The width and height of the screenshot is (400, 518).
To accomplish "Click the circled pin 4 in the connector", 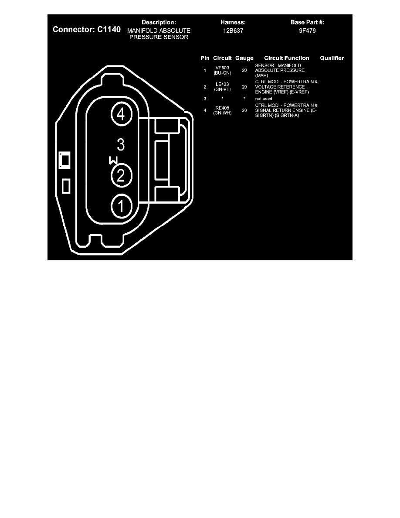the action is coord(121,114).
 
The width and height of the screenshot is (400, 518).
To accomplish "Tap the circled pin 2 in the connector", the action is coord(121,175).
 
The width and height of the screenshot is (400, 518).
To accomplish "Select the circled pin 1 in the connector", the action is coord(121,206).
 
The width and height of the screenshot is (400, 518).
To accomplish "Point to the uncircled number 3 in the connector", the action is coord(121,145).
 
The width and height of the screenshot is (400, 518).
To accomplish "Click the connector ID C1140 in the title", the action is coord(109,29).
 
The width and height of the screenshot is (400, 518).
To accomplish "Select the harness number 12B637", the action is coord(233,31).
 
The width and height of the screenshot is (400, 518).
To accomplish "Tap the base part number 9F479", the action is coord(307,31).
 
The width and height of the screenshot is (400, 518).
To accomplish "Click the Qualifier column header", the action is coord(332,58).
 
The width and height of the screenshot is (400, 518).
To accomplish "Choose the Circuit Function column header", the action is coord(286,58).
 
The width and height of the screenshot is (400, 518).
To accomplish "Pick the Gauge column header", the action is coord(244,58).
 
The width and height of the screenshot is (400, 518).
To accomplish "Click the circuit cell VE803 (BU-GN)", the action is coord(222,70).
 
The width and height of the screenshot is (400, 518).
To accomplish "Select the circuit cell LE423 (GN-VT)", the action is coord(222,87).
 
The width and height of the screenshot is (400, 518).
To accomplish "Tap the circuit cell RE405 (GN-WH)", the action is coord(222,110).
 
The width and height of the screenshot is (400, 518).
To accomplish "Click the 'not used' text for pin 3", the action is coord(263,99).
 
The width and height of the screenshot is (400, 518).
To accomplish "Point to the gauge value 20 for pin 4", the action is coord(244,110).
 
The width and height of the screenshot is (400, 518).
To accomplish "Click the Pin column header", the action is coord(205,58).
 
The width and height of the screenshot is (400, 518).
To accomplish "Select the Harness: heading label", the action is coord(233,23).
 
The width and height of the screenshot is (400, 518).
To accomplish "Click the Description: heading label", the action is coord(159,23).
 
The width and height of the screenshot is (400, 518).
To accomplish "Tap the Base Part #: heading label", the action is coord(307,23).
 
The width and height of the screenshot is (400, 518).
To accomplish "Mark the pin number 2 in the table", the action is coord(205,87).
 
